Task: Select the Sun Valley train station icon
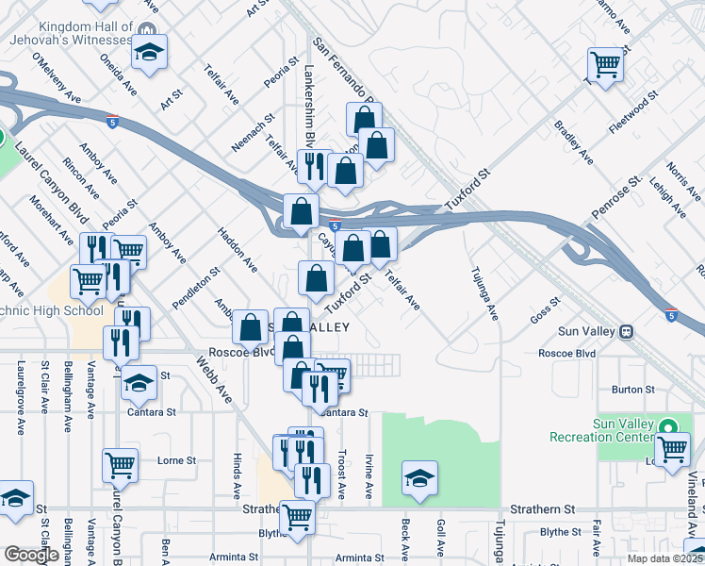(x=627, y=332)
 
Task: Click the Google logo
(x=32, y=555)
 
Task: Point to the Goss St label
(x=545, y=309)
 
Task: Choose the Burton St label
(x=632, y=389)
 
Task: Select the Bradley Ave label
(x=572, y=141)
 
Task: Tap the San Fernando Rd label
(x=344, y=71)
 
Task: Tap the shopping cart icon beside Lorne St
(x=121, y=464)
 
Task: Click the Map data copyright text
(x=666, y=558)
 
